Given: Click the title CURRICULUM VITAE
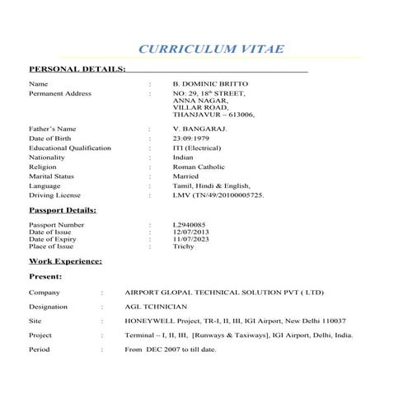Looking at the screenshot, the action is [x=211, y=49].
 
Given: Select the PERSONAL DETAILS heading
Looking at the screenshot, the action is [x=77, y=68].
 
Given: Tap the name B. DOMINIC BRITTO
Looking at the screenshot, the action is [x=210, y=84].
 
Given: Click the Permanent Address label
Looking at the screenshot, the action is [x=60, y=94].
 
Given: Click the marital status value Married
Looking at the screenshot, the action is [x=186, y=176].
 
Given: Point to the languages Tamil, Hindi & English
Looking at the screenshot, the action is [x=211, y=186].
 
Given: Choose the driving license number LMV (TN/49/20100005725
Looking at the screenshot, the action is [x=218, y=195].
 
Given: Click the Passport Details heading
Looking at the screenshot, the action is [x=63, y=210].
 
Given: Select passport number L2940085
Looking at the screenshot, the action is [x=190, y=224].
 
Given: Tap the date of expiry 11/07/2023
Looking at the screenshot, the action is [x=191, y=239].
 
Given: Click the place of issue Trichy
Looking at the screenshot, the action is [x=183, y=246].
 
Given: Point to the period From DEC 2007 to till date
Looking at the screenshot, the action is [x=171, y=349].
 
